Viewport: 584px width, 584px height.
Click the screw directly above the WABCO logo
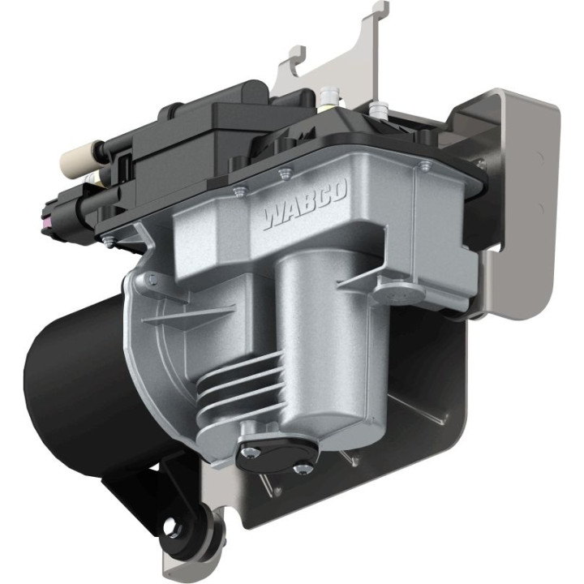click(283, 172)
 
